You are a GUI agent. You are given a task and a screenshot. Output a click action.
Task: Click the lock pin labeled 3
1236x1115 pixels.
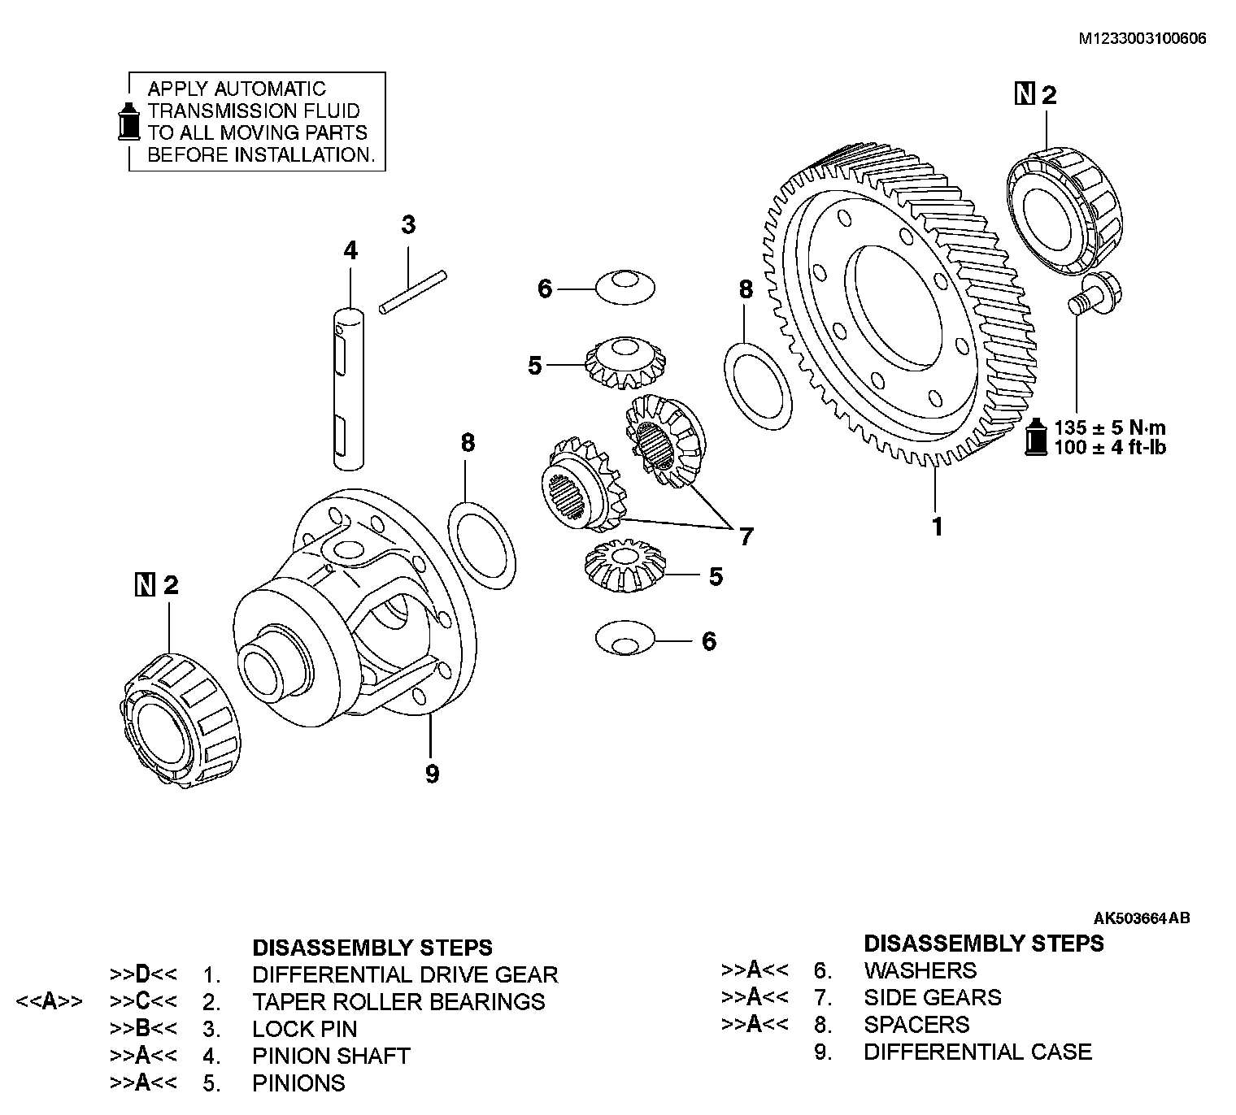click(x=413, y=290)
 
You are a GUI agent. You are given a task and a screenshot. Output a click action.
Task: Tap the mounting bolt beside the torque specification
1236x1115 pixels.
click(x=1090, y=293)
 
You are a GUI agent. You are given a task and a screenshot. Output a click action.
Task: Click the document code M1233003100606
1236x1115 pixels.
click(x=1142, y=38)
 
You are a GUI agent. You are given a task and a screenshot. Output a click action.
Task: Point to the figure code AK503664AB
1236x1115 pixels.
click(x=1141, y=918)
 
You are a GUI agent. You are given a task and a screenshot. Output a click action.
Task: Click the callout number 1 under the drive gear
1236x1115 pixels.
click(x=937, y=527)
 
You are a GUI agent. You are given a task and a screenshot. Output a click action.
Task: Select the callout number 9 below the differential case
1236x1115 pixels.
click(x=432, y=774)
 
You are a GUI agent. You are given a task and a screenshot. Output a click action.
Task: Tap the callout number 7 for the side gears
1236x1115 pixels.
click(x=746, y=536)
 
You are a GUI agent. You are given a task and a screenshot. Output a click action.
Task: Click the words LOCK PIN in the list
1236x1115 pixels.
click(x=304, y=1029)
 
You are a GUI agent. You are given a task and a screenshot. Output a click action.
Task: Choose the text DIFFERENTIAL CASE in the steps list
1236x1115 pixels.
click(x=977, y=1052)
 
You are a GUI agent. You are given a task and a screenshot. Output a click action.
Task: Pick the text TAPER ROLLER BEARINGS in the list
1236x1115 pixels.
click(x=398, y=1001)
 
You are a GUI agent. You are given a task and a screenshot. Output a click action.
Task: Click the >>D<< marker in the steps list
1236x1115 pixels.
click(x=143, y=974)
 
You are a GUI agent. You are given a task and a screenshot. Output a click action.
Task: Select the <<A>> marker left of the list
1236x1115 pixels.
click(x=50, y=1001)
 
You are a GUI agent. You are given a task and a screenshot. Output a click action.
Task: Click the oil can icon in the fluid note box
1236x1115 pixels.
click(x=128, y=122)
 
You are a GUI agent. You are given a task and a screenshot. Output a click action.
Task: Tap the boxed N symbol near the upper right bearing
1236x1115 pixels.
click(x=1025, y=95)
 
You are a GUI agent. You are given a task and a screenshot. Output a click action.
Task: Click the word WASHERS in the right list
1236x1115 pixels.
click(x=920, y=970)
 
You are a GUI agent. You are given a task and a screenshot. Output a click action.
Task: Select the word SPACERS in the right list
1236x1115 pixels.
click(x=916, y=1025)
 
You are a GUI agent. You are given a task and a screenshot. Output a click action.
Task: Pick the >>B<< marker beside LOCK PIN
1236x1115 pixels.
click(x=143, y=1029)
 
